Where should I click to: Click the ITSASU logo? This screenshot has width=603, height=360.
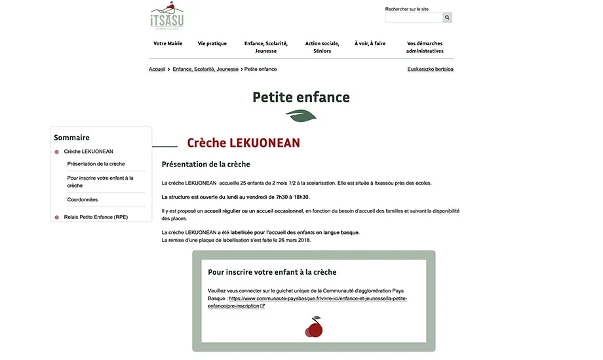pyautogui.click(x=167, y=16)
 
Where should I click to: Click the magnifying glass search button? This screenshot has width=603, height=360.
pyautogui.click(x=447, y=18)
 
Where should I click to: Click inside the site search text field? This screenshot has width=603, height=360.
pyautogui.click(x=414, y=18)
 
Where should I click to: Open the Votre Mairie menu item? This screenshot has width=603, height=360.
pyautogui.click(x=168, y=43)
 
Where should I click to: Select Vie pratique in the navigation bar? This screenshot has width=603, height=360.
pyautogui.click(x=212, y=43)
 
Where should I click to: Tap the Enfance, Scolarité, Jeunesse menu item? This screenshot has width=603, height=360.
pyautogui.click(x=265, y=47)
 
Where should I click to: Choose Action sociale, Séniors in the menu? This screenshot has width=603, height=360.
pyautogui.click(x=322, y=47)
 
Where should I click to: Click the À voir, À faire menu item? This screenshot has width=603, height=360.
pyautogui.click(x=370, y=43)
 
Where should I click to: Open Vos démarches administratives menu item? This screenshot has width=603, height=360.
pyautogui.click(x=425, y=47)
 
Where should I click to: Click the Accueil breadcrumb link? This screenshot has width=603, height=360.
pyautogui.click(x=157, y=69)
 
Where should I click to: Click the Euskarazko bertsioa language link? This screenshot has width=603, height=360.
pyautogui.click(x=430, y=69)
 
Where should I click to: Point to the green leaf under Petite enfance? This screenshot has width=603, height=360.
pyautogui.click(x=301, y=116)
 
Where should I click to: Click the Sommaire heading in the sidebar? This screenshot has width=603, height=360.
pyautogui.click(x=71, y=138)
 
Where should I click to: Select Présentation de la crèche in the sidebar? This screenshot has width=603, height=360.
pyautogui.click(x=96, y=164)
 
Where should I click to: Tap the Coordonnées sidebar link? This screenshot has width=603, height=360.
pyautogui.click(x=83, y=200)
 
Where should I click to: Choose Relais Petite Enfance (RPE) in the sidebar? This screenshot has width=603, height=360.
pyautogui.click(x=96, y=217)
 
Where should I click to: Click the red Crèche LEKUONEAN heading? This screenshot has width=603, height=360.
pyautogui.click(x=243, y=143)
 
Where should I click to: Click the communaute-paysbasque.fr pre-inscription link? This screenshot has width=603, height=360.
pyautogui.click(x=308, y=302)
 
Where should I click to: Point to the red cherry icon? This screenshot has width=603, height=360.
pyautogui.click(x=314, y=327)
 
